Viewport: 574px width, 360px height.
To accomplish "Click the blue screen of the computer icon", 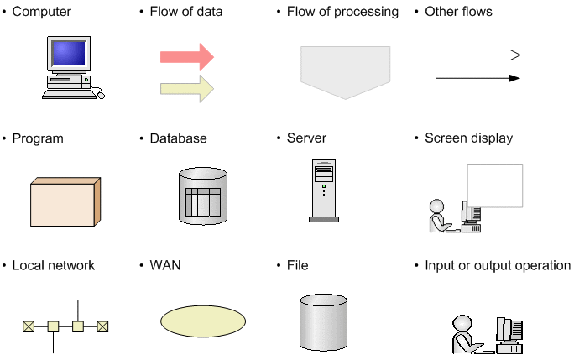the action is tap(69, 54).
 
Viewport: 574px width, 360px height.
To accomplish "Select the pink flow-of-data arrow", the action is tap(187, 57).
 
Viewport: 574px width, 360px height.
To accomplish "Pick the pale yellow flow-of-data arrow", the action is tap(187, 89).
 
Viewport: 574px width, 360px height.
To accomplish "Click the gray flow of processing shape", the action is tap(345, 72).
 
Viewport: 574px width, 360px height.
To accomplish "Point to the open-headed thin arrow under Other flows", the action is tap(478, 55).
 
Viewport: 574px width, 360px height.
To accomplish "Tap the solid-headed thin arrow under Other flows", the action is tap(477, 78).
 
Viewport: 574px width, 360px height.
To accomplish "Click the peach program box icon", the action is tap(65, 201).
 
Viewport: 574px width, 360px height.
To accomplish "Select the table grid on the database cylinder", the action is tap(203, 201).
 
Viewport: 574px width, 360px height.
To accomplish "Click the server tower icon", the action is tap(324, 190).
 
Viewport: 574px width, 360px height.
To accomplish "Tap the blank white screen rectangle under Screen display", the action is tap(495, 185).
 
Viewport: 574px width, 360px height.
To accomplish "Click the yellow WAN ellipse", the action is tap(203, 321).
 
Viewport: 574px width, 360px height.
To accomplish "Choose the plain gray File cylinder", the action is tap(323, 322).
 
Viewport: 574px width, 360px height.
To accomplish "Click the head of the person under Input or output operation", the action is tap(462, 324).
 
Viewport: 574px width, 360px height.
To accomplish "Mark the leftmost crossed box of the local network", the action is tap(29, 326).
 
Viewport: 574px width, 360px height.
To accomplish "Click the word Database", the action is tap(178, 138).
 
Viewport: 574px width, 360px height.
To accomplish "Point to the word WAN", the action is tap(165, 265).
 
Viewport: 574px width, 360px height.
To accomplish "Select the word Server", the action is tap(306, 138).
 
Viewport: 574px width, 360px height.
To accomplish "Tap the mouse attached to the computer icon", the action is tap(101, 96).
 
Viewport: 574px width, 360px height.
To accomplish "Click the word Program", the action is tap(38, 138).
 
